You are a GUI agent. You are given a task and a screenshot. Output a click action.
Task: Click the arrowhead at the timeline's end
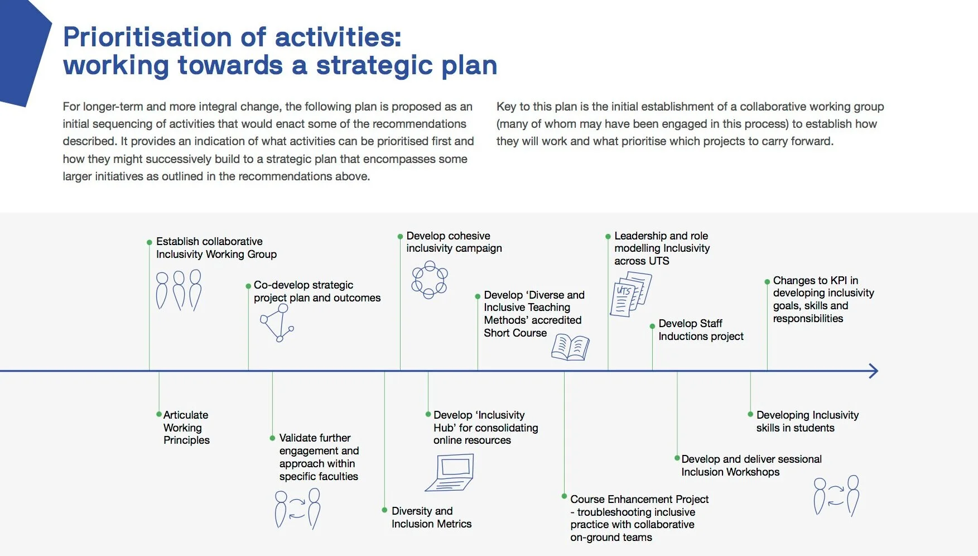pos(874,371)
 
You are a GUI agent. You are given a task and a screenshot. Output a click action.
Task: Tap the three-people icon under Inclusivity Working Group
pos(179,290)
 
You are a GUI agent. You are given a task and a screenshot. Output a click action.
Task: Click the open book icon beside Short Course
pos(570,347)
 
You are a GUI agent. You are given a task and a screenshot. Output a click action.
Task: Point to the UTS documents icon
pos(631,294)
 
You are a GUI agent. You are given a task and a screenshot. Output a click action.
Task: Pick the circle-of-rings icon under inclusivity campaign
pos(429,281)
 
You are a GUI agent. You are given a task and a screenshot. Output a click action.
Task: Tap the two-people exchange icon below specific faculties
pos(297,508)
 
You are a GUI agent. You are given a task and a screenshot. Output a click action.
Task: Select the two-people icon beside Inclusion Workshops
pos(836,495)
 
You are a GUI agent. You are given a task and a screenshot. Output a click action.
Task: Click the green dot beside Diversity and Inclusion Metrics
pos(384,510)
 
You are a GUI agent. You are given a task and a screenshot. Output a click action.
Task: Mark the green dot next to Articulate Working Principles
pos(159,414)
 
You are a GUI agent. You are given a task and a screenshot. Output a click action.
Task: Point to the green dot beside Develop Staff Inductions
pos(652,326)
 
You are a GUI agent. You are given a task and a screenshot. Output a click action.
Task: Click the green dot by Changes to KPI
pos(767,282)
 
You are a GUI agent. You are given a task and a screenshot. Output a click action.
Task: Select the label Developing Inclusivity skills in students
pos(807,421)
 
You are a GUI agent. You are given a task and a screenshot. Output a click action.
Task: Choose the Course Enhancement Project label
pos(639,518)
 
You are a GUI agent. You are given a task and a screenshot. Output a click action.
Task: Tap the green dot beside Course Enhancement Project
pos(564,496)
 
